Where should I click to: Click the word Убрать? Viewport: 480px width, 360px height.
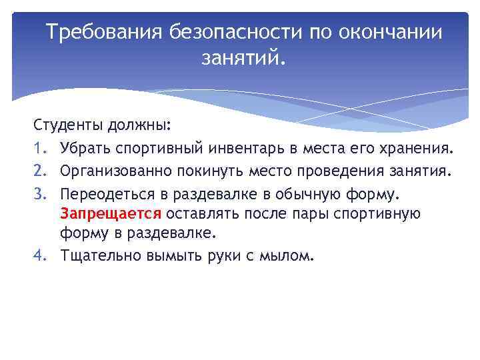tap(83, 148)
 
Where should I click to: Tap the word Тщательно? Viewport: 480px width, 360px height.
tap(100, 255)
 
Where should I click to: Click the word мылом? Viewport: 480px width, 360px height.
tap(287, 255)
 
